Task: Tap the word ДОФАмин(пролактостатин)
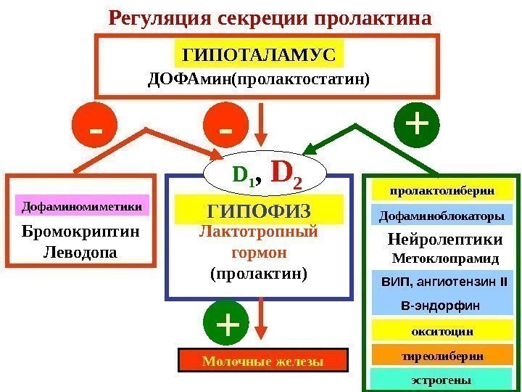pos(258,78)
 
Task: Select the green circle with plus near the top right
pos(417,124)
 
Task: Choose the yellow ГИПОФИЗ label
pos(259,210)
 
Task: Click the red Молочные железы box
pos(262,361)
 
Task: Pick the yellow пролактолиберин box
pos(442,191)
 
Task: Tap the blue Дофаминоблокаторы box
pos(442,216)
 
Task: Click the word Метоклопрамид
pos(445,258)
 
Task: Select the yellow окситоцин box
pos(442,331)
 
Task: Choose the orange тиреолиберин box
pos(442,356)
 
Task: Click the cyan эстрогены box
pos(442,380)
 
